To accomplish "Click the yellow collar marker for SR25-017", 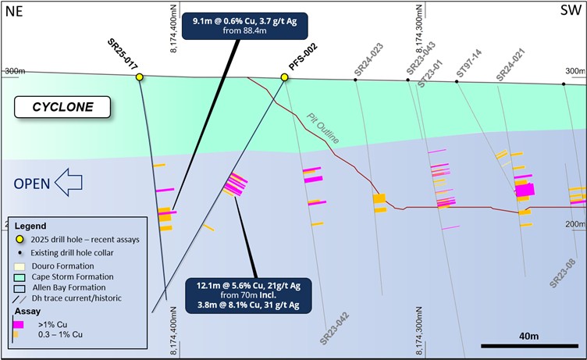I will click(140, 77).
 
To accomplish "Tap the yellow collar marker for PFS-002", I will click(285, 77).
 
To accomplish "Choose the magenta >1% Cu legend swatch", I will click(18, 323).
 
